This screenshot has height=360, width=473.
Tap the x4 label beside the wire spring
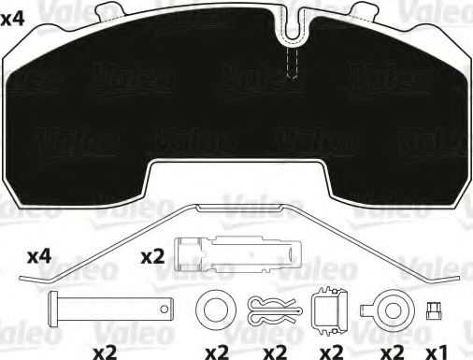38,254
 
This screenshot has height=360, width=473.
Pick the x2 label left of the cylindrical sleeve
152,253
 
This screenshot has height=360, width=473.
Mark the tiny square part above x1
433,310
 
